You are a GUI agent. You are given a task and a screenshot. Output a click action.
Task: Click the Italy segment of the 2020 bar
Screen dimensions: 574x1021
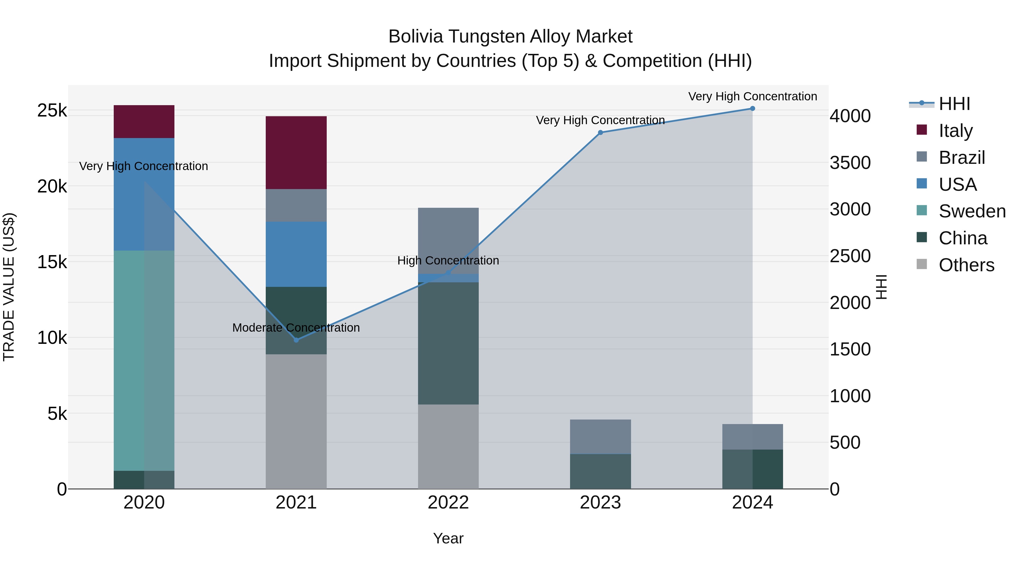[x=144, y=122]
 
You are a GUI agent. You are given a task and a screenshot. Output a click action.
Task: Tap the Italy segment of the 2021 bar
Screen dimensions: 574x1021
[x=296, y=152]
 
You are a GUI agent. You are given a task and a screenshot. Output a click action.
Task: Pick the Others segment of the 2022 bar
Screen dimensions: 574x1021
[x=448, y=446]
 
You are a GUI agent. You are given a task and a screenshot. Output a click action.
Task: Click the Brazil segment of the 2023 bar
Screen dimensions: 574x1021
[x=600, y=437]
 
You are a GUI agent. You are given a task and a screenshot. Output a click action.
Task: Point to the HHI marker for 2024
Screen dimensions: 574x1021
[x=752, y=109]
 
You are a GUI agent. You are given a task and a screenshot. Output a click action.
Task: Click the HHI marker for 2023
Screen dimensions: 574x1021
[x=600, y=133]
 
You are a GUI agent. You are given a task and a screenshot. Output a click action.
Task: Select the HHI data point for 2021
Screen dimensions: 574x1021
[x=296, y=340]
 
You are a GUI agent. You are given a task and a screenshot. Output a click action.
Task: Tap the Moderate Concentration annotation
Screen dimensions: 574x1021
[x=296, y=328]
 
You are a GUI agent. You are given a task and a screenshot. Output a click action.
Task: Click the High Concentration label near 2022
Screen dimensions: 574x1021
[x=448, y=261]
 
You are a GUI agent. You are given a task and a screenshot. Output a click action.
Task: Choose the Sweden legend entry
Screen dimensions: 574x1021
[x=972, y=211]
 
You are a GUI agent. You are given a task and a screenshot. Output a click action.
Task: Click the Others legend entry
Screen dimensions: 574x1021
[x=966, y=265]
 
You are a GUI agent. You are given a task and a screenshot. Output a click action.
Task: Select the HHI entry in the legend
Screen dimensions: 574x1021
[x=954, y=104]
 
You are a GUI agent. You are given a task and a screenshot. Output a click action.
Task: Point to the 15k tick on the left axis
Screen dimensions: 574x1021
[x=52, y=262]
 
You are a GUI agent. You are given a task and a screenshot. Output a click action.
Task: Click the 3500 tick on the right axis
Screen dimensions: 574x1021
[x=850, y=163]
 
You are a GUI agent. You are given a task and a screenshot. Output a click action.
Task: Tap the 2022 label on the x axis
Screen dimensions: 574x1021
[x=448, y=503]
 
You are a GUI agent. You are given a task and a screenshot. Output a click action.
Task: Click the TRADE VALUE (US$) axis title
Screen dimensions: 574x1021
[x=9, y=287]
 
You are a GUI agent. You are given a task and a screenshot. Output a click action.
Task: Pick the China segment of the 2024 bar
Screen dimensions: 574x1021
[x=752, y=469]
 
